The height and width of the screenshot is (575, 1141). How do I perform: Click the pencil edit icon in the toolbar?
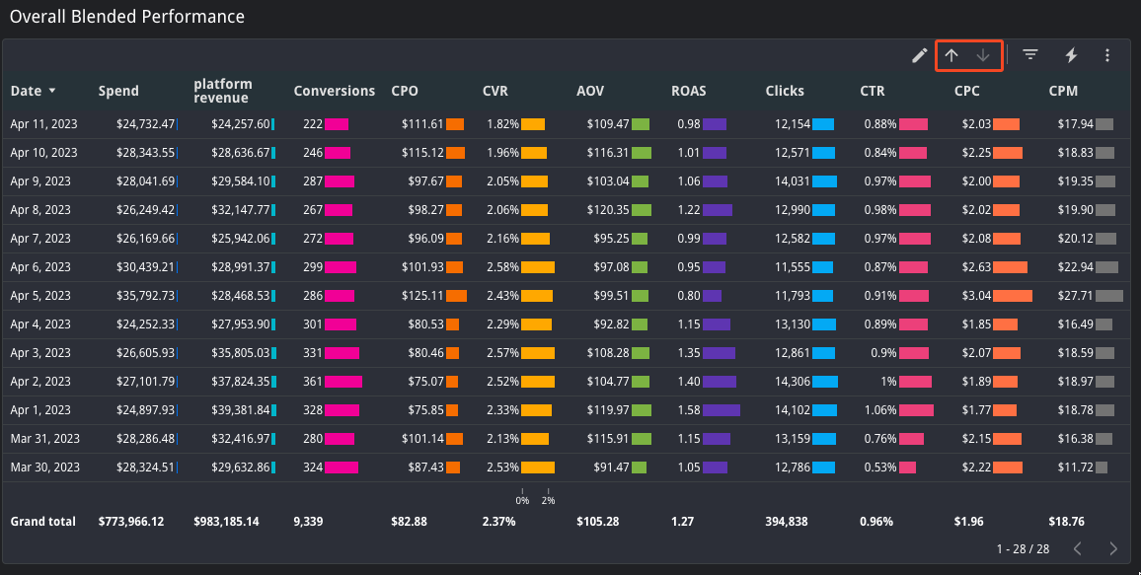point(919,55)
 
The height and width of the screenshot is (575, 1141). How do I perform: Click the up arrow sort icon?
point(951,55)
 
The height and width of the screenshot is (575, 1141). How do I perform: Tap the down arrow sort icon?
point(983,55)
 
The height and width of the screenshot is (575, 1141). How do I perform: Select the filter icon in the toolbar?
point(1030,55)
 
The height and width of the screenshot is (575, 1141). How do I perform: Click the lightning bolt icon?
point(1071,55)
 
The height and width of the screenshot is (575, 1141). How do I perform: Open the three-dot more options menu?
point(1107,55)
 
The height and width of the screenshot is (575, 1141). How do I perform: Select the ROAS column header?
point(688,91)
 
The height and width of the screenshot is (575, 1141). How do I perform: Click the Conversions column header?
point(334,91)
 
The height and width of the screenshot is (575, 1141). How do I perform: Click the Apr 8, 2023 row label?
point(40,210)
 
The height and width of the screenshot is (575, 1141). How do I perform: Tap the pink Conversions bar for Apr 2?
point(343,382)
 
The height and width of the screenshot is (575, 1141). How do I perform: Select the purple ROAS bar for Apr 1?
point(721,410)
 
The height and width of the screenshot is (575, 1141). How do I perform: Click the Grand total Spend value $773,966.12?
point(131,522)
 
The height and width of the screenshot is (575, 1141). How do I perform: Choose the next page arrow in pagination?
point(1113,548)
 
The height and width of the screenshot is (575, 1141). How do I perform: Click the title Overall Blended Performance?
point(127,17)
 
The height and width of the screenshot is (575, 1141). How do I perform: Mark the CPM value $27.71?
point(1075,296)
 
